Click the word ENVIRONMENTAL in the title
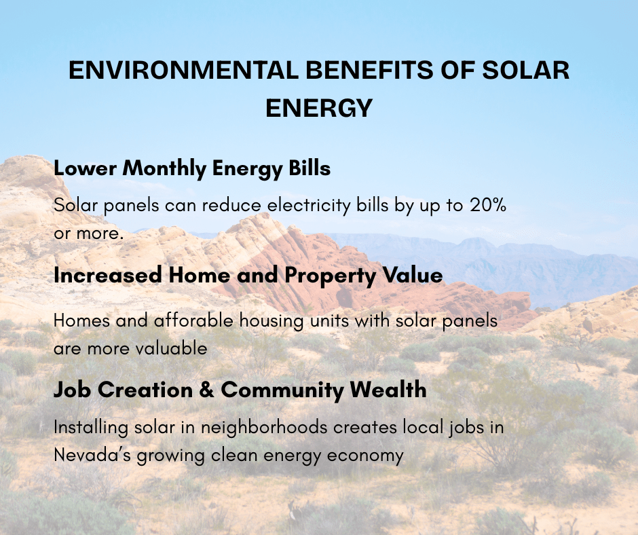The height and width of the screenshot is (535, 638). pyautogui.click(x=183, y=70)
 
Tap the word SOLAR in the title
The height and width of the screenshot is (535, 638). pyautogui.click(x=526, y=70)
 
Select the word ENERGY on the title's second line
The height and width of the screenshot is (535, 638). pyautogui.click(x=319, y=108)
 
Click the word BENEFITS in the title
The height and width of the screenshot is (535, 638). pyautogui.click(x=370, y=70)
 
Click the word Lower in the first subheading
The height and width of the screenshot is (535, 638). pyautogui.click(x=85, y=168)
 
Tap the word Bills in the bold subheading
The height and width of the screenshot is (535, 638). pyautogui.click(x=309, y=168)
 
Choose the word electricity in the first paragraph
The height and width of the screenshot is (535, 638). pyautogui.click(x=308, y=205)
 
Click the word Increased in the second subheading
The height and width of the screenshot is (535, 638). pyautogui.click(x=108, y=275)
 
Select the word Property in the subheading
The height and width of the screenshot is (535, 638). pyautogui.click(x=330, y=276)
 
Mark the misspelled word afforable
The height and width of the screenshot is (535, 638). pyautogui.click(x=193, y=320)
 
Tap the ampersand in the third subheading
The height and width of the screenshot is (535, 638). pyautogui.click(x=207, y=390)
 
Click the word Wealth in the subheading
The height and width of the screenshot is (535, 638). pyautogui.click(x=388, y=390)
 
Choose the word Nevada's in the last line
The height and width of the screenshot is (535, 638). pyautogui.click(x=92, y=455)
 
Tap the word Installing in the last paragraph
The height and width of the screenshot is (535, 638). pyautogui.click(x=91, y=428)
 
